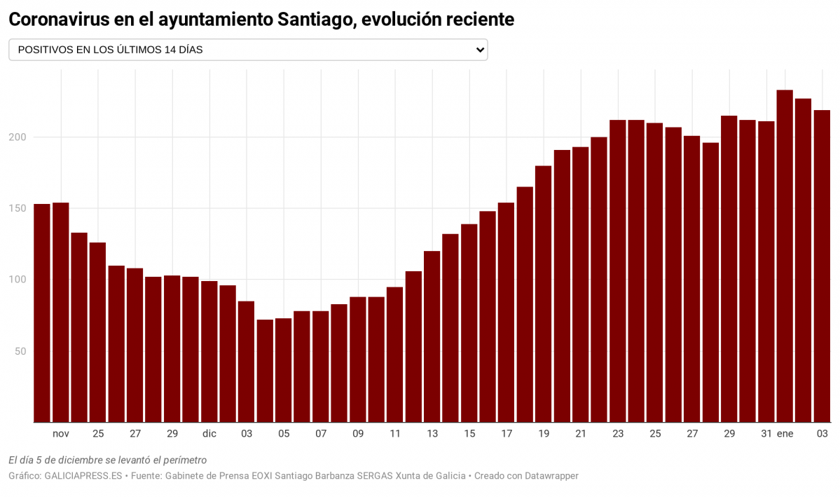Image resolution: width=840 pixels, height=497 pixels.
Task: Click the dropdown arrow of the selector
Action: (x=480, y=50)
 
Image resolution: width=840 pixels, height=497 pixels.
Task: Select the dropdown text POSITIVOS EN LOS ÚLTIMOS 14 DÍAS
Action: (x=111, y=50)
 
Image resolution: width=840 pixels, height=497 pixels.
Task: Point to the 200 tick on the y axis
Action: (x=17, y=137)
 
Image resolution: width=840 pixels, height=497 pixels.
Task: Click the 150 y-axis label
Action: (x=17, y=208)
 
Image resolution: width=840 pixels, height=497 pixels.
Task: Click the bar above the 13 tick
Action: (x=432, y=336)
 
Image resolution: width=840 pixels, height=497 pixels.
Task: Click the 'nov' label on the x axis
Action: (x=61, y=434)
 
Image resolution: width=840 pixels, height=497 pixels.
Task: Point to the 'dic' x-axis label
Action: (x=209, y=434)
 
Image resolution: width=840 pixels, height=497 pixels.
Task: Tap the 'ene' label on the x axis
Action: (x=785, y=434)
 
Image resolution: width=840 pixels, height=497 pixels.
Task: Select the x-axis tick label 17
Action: (x=507, y=434)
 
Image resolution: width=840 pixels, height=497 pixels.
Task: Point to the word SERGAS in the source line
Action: (x=377, y=476)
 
